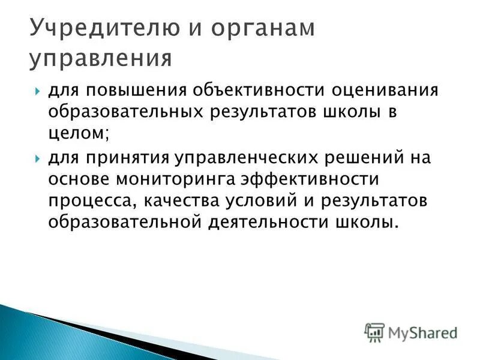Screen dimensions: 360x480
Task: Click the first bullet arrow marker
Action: coord(37,92)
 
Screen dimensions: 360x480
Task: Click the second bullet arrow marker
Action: coord(37,158)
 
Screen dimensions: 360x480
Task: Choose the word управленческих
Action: coord(250,158)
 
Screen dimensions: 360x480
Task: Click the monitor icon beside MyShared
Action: coord(374,331)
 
